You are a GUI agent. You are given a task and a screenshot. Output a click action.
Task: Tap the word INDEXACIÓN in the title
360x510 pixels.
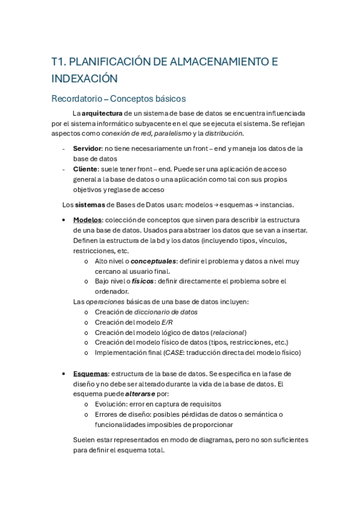(x=84, y=78)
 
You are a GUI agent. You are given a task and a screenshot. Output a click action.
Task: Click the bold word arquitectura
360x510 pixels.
(x=102, y=113)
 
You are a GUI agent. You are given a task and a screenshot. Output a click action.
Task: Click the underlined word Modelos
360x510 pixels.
(x=87, y=220)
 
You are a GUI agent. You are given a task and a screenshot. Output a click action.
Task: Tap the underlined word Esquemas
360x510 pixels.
(x=90, y=373)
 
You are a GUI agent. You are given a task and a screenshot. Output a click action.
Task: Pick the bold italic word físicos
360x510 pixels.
(x=142, y=281)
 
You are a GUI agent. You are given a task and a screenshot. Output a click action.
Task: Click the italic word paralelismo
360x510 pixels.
(x=171, y=133)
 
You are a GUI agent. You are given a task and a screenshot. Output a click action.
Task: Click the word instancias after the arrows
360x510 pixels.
(x=273, y=204)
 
